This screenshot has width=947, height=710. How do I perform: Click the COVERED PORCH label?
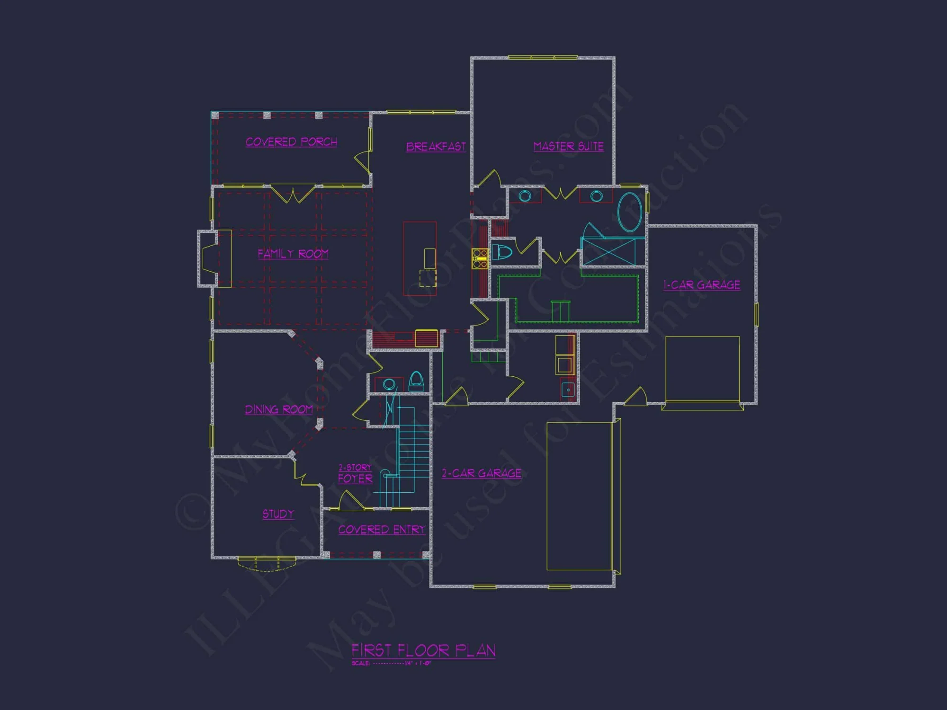(x=291, y=142)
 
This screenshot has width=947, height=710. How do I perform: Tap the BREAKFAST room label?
(x=436, y=147)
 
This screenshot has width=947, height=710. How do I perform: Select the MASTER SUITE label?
(x=568, y=147)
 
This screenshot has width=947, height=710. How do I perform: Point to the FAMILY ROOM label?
(x=293, y=254)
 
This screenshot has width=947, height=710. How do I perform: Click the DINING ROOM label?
(x=278, y=409)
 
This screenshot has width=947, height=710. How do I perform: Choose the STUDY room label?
(x=278, y=514)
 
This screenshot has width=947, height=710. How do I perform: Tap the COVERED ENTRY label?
(x=382, y=530)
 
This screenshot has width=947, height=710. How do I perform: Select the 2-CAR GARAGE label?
(x=482, y=473)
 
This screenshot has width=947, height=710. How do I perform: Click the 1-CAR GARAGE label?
(x=701, y=285)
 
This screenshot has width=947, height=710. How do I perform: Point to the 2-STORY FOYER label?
(x=355, y=474)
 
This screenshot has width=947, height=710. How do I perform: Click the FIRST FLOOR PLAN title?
(x=423, y=650)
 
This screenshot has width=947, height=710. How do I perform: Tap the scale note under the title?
(x=391, y=663)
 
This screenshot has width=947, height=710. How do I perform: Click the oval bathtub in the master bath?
(x=630, y=212)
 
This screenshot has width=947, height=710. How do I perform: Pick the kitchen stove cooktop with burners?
(x=480, y=258)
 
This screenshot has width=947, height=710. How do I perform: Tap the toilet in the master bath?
(x=501, y=252)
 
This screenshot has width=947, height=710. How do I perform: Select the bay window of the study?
(x=266, y=564)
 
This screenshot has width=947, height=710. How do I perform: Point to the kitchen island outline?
(x=420, y=258)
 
